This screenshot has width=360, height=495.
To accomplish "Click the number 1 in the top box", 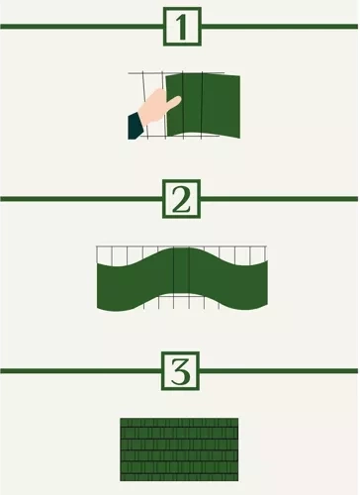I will point(180,27).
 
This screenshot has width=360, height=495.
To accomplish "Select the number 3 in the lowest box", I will point(180,372).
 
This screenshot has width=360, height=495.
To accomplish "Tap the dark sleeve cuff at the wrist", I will point(135,126).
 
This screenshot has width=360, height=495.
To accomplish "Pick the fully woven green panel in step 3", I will point(179,449).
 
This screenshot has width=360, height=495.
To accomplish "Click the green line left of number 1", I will point(79,27).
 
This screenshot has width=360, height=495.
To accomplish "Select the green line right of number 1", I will point(281,27).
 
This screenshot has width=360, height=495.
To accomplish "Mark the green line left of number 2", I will point(79,199).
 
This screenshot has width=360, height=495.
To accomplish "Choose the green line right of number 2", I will point(281,199).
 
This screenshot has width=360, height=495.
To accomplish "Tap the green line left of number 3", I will point(79,371).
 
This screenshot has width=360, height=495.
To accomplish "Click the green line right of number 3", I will point(281,371).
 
